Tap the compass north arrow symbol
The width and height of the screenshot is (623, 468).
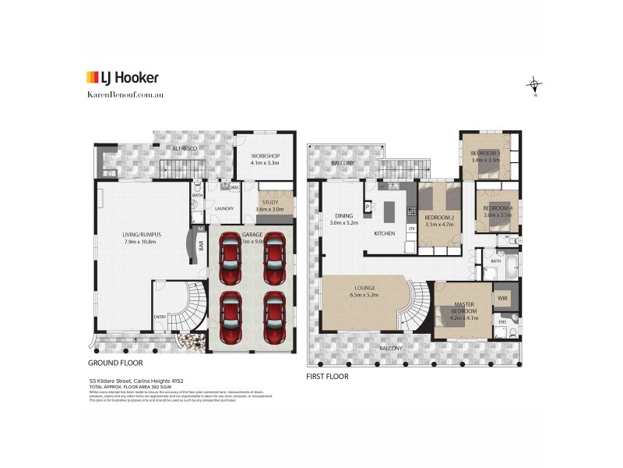tap(534, 84)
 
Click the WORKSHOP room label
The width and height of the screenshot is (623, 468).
tap(265, 156)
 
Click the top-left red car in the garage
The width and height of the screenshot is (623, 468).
tap(231, 258)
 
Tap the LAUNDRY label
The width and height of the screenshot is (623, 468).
tap(225, 208)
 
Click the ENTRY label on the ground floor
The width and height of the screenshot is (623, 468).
tap(159, 316)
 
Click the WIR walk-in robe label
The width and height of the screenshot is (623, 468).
tap(502, 298)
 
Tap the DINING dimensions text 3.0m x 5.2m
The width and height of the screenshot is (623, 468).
tap(343, 223)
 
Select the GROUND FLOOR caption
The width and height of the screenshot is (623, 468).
tap(115, 363)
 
